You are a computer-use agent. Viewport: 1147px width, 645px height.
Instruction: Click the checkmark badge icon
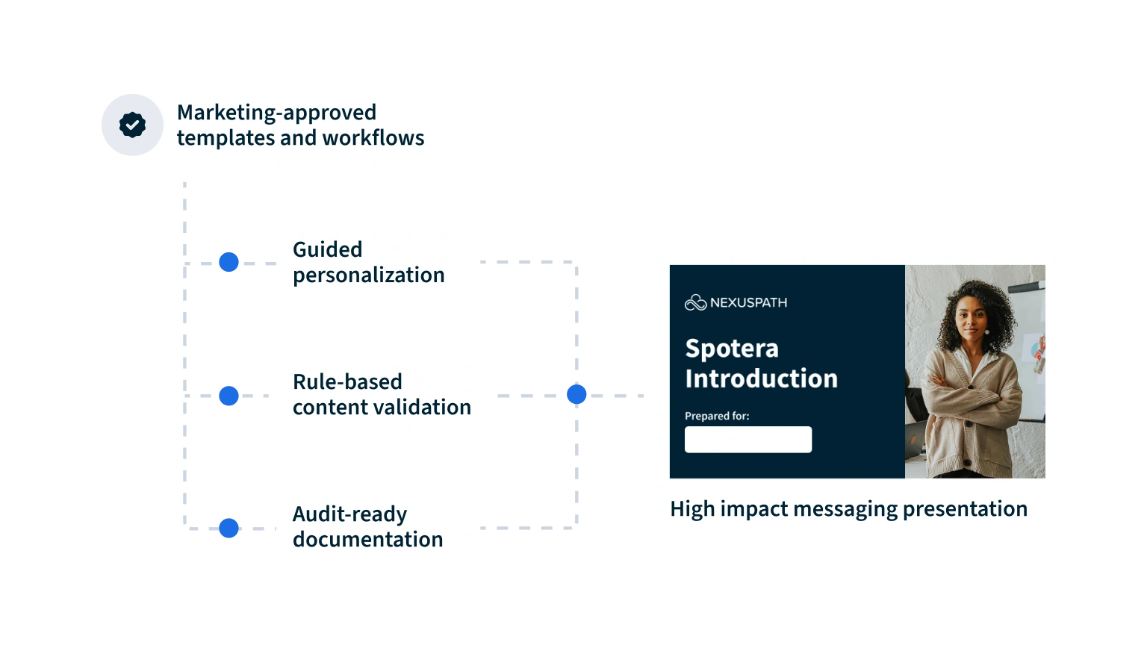[x=132, y=125]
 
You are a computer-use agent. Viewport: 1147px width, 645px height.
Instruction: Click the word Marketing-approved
[x=276, y=113]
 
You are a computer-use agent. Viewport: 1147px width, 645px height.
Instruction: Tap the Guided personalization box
[x=373, y=261]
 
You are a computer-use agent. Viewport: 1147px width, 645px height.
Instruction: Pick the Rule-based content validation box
[x=382, y=394]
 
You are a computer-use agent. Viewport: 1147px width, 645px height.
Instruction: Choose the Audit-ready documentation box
[x=376, y=527]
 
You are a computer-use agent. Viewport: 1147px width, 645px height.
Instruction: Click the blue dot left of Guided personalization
[x=228, y=262]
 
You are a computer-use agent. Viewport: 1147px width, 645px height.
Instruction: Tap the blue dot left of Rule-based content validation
[x=228, y=395]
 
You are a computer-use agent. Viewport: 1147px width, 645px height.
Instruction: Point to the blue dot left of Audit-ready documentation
[x=229, y=528]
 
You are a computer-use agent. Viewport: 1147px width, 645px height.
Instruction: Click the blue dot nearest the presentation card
[x=576, y=394]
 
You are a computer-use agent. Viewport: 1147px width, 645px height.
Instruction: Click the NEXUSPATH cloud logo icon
[x=695, y=302]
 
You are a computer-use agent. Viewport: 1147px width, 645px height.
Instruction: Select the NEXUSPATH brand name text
[x=748, y=303]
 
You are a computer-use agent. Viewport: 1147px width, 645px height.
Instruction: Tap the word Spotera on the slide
[x=721, y=349]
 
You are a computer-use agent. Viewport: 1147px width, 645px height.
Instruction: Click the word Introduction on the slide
[x=761, y=378]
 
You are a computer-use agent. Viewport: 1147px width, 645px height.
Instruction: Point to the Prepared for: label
[x=717, y=416]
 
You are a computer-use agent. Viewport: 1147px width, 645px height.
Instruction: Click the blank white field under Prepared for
[x=748, y=440]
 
